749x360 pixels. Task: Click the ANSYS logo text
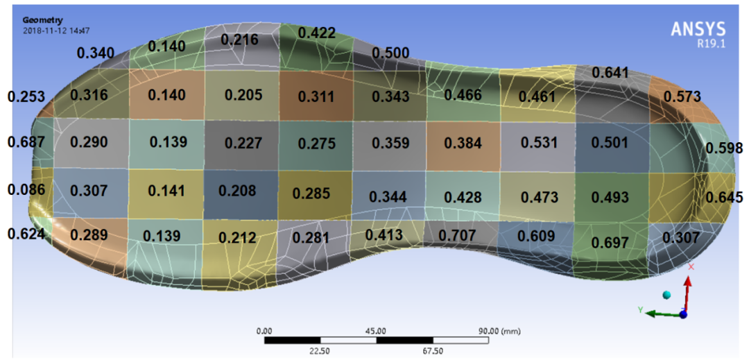click(698, 29)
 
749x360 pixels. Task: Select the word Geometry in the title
click(43, 21)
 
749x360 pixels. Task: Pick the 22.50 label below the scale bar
click(320, 351)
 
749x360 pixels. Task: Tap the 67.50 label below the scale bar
click(433, 351)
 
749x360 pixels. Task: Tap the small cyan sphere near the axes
click(667, 295)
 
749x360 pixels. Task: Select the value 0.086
click(27, 189)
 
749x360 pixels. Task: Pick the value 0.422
click(317, 33)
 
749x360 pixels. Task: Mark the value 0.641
click(611, 73)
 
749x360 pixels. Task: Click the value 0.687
click(27, 142)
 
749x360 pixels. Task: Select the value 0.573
click(682, 97)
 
